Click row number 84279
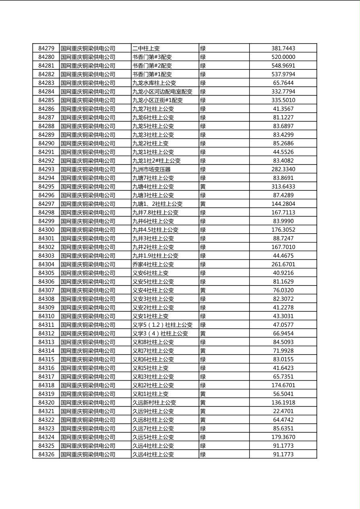(46, 48)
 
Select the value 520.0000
(283, 57)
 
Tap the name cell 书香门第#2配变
(152, 66)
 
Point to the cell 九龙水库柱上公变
(154, 83)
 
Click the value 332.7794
(283, 92)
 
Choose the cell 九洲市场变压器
(151, 169)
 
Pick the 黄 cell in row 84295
(203, 187)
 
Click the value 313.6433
(283, 187)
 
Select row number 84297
(46, 204)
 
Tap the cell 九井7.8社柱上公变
(155, 213)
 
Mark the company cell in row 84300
(88, 230)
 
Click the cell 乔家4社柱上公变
(153, 265)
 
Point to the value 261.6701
(283, 265)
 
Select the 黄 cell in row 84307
(203, 290)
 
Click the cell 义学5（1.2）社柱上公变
(162, 325)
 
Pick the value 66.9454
(283, 334)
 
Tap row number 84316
(46, 368)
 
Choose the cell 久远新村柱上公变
(154, 403)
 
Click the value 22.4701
(283, 411)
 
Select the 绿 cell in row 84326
(203, 455)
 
